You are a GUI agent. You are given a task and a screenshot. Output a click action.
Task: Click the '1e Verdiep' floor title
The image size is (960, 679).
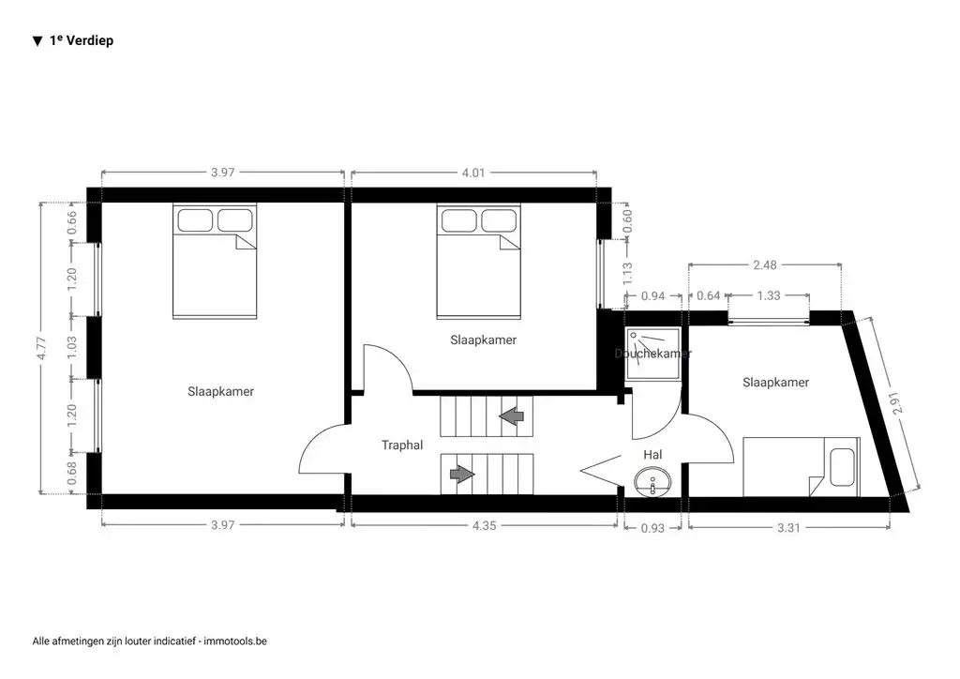(73, 41)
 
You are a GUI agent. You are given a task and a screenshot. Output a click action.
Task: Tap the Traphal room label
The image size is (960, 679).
(403, 445)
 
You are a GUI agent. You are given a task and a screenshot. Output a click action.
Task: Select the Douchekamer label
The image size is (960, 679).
(653, 354)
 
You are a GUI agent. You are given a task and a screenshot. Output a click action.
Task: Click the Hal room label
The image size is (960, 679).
(652, 454)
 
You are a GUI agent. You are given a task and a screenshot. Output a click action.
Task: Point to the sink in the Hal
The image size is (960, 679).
(652, 483)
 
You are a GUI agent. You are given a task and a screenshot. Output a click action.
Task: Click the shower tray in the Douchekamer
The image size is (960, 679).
(653, 357)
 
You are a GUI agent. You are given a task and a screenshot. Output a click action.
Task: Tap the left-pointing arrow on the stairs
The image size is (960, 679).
(513, 415)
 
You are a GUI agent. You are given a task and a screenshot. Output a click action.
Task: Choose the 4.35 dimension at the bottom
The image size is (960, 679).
(484, 526)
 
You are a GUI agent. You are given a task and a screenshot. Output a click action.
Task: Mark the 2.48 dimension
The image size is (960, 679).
(765, 265)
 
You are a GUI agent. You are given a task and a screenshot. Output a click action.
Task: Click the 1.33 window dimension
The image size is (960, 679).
(769, 296)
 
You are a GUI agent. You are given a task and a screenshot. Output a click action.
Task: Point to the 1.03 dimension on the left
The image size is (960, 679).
(72, 349)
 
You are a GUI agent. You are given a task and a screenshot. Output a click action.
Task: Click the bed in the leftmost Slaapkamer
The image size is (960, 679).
(213, 263)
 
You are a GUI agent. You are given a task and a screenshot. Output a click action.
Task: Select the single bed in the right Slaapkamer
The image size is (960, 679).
(801, 466)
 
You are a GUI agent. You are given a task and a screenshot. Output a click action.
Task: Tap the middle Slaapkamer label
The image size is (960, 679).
(483, 339)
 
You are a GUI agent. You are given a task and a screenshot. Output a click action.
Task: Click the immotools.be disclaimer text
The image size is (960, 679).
(150, 641)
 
